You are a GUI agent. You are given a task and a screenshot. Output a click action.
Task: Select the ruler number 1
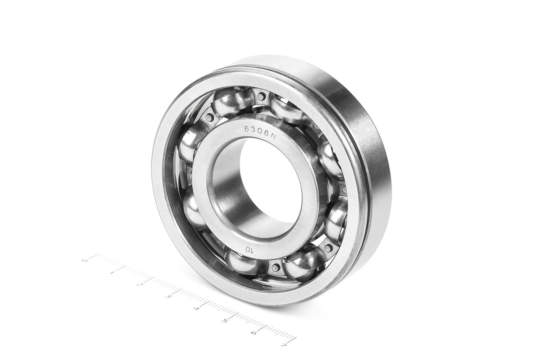click(x=112, y=273)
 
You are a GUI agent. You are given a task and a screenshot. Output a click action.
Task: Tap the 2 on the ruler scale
click(x=139, y=284)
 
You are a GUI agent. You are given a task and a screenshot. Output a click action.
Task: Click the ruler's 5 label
click(x=224, y=321)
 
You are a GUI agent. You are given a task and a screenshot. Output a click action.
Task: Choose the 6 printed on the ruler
click(x=253, y=333)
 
